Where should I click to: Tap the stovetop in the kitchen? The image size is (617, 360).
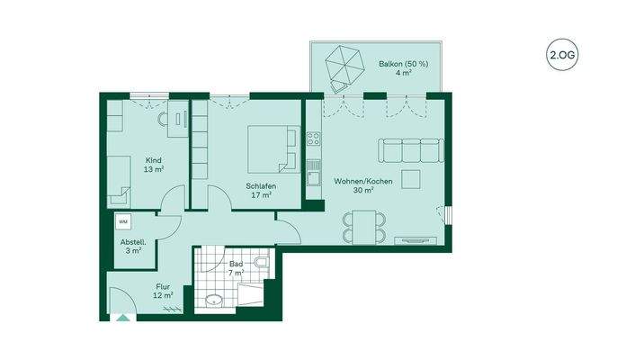click(x=313, y=139)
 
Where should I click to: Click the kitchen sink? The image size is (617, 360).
click(x=313, y=178)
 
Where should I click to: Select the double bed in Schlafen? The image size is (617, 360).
click(x=271, y=148)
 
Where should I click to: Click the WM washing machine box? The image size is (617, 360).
click(x=123, y=221)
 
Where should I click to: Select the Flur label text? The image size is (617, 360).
click(x=162, y=287)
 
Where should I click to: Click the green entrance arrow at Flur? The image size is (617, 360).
click(x=121, y=317)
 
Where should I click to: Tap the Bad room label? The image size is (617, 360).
click(x=236, y=265)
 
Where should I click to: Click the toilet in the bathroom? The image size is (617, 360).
click(x=260, y=263)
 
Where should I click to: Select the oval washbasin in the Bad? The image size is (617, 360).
click(x=215, y=301)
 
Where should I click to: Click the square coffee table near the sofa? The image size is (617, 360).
click(x=411, y=178)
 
